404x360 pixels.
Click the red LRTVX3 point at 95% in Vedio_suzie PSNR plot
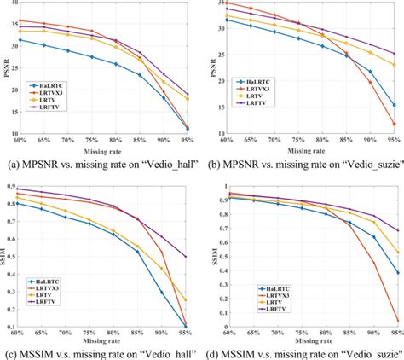394,125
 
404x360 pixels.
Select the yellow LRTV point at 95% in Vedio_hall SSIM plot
186,300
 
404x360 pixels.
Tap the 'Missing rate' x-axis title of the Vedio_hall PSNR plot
103,151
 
